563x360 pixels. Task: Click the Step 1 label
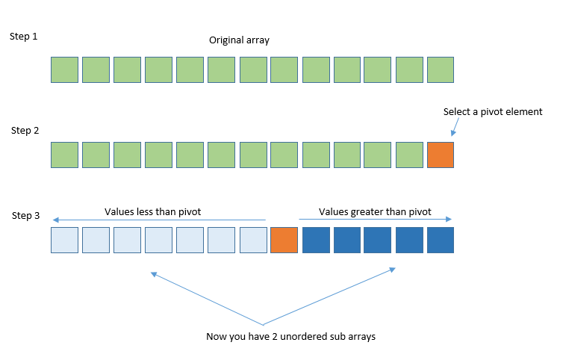[x=25, y=36]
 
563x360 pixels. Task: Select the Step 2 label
[x=25, y=130]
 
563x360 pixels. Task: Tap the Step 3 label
[x=25, y=216]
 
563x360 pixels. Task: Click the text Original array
[x=239, y=40]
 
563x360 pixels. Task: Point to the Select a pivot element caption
[x=493, y=112]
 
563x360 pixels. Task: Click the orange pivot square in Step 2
[x=441, y=155]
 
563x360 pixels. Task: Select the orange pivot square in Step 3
[x=284, y=240]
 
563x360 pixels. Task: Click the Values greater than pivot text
[x=375, y=211]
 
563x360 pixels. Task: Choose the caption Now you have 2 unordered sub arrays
[x=290, y=337]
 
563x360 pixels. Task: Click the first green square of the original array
[x=64, y=69]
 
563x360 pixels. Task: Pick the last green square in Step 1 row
[x=441, y=69]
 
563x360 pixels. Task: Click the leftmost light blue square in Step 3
[x=64, y=240]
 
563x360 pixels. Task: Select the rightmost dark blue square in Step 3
[x=441, y=240]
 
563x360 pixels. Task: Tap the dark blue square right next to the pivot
[x=315, y=240]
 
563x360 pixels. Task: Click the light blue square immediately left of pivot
[x=252, y=240]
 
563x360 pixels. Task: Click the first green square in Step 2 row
[x=64, y=155]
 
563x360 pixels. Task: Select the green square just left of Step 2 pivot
[x=409, y=155]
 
